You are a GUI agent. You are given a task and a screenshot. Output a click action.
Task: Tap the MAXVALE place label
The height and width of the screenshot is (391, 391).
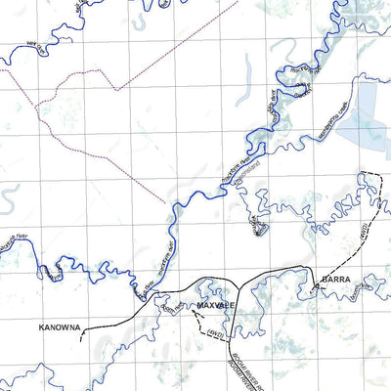pos(214,306)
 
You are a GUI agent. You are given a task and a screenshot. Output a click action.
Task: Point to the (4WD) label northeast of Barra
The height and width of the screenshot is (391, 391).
pos(359,237)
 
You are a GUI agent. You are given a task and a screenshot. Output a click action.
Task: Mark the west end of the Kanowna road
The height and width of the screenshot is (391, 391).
pos(82,335)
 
